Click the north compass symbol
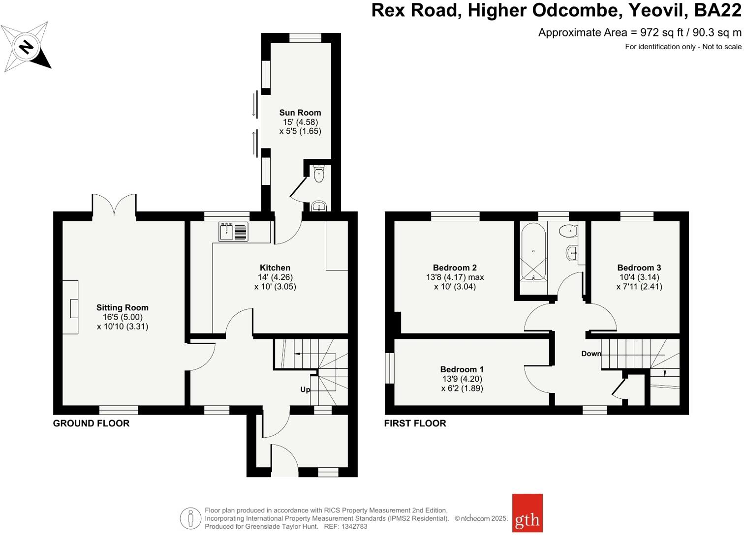(26, 47)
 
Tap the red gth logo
(527, 513)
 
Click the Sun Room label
(300, 113)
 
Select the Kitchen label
(275, 268)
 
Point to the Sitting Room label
(122, 308)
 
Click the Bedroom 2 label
(455, 268)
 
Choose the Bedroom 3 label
(639, 268)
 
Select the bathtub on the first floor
(533, 251)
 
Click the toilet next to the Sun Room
(319, 174)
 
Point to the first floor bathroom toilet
(569, 230)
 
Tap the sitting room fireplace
(71, 307)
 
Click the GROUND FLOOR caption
(91, 423)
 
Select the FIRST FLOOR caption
(415, 423)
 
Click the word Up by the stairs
(305, 389)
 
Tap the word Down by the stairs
(591, 354)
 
